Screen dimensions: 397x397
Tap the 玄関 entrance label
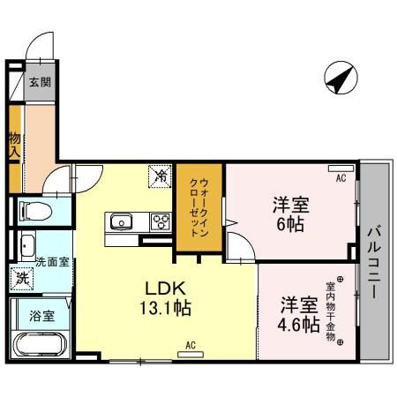click(39, 83)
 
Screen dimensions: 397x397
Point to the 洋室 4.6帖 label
click(299, 314)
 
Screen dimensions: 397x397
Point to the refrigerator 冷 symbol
click(161, 176)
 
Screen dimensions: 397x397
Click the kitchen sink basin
click(119, 221)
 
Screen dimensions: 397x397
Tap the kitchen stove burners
click(161, 221)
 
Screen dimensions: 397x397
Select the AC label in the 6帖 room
click(340, 177)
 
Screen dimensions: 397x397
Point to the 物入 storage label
click(15, 146)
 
